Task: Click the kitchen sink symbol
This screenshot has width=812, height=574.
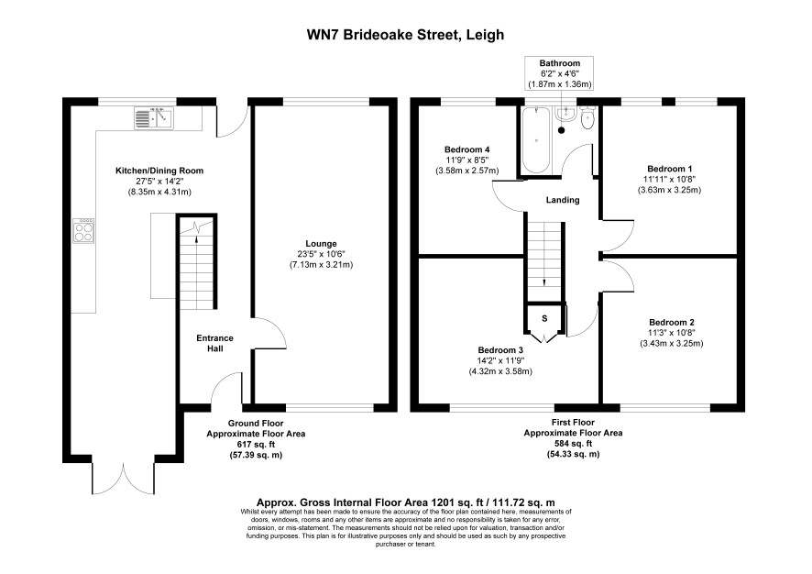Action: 153,117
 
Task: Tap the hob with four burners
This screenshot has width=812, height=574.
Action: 83,230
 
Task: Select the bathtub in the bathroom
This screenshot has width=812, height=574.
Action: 535,140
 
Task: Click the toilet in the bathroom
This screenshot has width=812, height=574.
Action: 587,118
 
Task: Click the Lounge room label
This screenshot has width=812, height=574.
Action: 321,244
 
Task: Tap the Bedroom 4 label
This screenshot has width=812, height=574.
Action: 467,149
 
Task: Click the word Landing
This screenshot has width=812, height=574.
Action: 563,200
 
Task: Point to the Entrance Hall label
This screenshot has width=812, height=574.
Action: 214,344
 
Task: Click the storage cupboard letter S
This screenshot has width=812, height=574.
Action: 544,318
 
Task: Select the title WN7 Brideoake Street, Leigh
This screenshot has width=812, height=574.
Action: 405,35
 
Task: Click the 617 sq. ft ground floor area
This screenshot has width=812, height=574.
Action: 256,445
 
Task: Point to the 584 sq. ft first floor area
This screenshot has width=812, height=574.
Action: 573,444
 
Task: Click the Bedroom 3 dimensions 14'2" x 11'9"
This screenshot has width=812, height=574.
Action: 500,360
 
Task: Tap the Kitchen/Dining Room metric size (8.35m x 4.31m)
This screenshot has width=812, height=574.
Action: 159,192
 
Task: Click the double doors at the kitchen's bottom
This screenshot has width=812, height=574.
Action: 124,478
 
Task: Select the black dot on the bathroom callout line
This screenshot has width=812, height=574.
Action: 562,130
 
